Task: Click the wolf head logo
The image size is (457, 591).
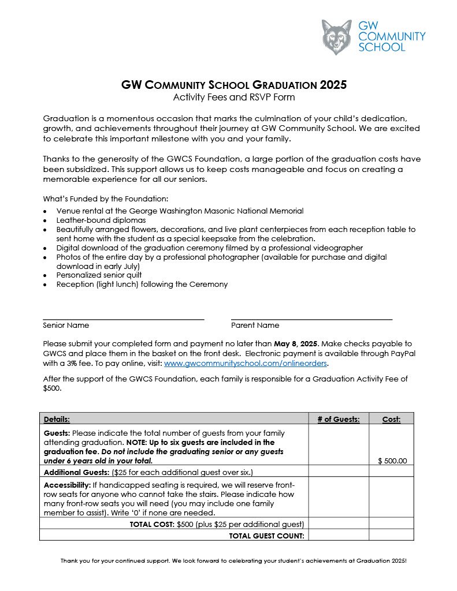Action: [336, 37]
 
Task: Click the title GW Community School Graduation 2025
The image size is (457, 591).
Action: [233, 85]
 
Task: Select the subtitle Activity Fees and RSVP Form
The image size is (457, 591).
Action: [233, 97]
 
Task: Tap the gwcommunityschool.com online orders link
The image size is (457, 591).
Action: [246, 364]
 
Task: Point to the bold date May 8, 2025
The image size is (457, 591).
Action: [296, 343]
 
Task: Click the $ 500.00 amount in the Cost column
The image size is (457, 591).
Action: [392, 461]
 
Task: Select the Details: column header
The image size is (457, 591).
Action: [57, 419]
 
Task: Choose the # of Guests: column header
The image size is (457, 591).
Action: [339, 419]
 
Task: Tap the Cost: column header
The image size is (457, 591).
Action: [391, 419]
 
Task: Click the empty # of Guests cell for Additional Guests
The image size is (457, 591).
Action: [339, 472]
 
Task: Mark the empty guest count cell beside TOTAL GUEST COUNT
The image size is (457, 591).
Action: [339, 535]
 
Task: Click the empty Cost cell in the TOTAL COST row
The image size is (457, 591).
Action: [391, 523]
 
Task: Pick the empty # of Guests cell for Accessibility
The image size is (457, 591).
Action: [339, 497]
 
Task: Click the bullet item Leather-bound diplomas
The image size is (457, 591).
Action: [101, 220]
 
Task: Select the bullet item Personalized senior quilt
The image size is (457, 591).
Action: [99, 275]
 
